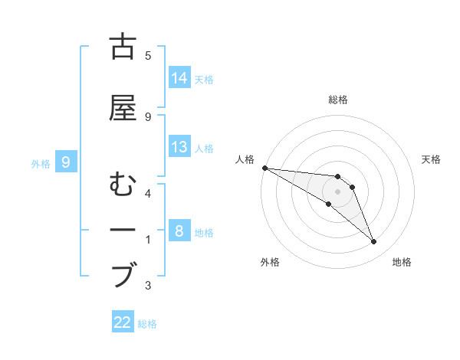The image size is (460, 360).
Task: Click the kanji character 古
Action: tap(123, 47)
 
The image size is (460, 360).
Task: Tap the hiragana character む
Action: tap(123, 186)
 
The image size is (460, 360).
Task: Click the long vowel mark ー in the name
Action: tap(123, 231)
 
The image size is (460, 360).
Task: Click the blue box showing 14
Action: tap(179, 78)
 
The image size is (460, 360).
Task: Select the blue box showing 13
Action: tap(179, 147)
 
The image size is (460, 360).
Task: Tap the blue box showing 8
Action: tap(179, 231)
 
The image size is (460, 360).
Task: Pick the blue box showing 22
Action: tap(123, 322)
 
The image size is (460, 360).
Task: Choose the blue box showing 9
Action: tap(67, 162)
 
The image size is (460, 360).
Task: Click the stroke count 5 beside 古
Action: tap(148, 55)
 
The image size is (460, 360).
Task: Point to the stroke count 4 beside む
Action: tap(148, 193)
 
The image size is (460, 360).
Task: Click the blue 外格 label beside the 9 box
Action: tap(41, 163)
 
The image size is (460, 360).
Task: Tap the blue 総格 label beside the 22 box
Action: tap(147, 324)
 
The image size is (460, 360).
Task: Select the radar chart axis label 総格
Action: tap(338, 100)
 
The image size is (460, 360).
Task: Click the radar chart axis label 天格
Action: tap(432, 159)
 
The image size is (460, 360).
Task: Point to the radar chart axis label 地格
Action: tap(402, 262)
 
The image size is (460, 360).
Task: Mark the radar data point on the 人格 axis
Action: tap(264, 168)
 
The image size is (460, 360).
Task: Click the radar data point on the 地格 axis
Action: tap(373, 242)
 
